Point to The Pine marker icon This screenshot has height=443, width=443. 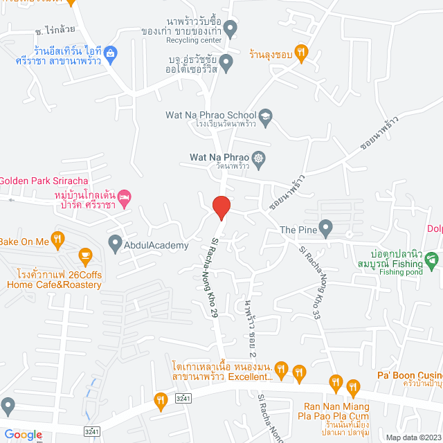[325, 227]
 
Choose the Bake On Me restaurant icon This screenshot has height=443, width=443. [58, 239]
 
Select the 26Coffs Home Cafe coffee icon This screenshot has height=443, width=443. [85, 257]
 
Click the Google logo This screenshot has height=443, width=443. [22, 435]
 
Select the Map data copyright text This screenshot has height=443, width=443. [413, 437]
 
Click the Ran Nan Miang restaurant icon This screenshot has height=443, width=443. [353, 386]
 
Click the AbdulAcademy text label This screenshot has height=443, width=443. [156, 246]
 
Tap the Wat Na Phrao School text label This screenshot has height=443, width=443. [210, 115]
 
